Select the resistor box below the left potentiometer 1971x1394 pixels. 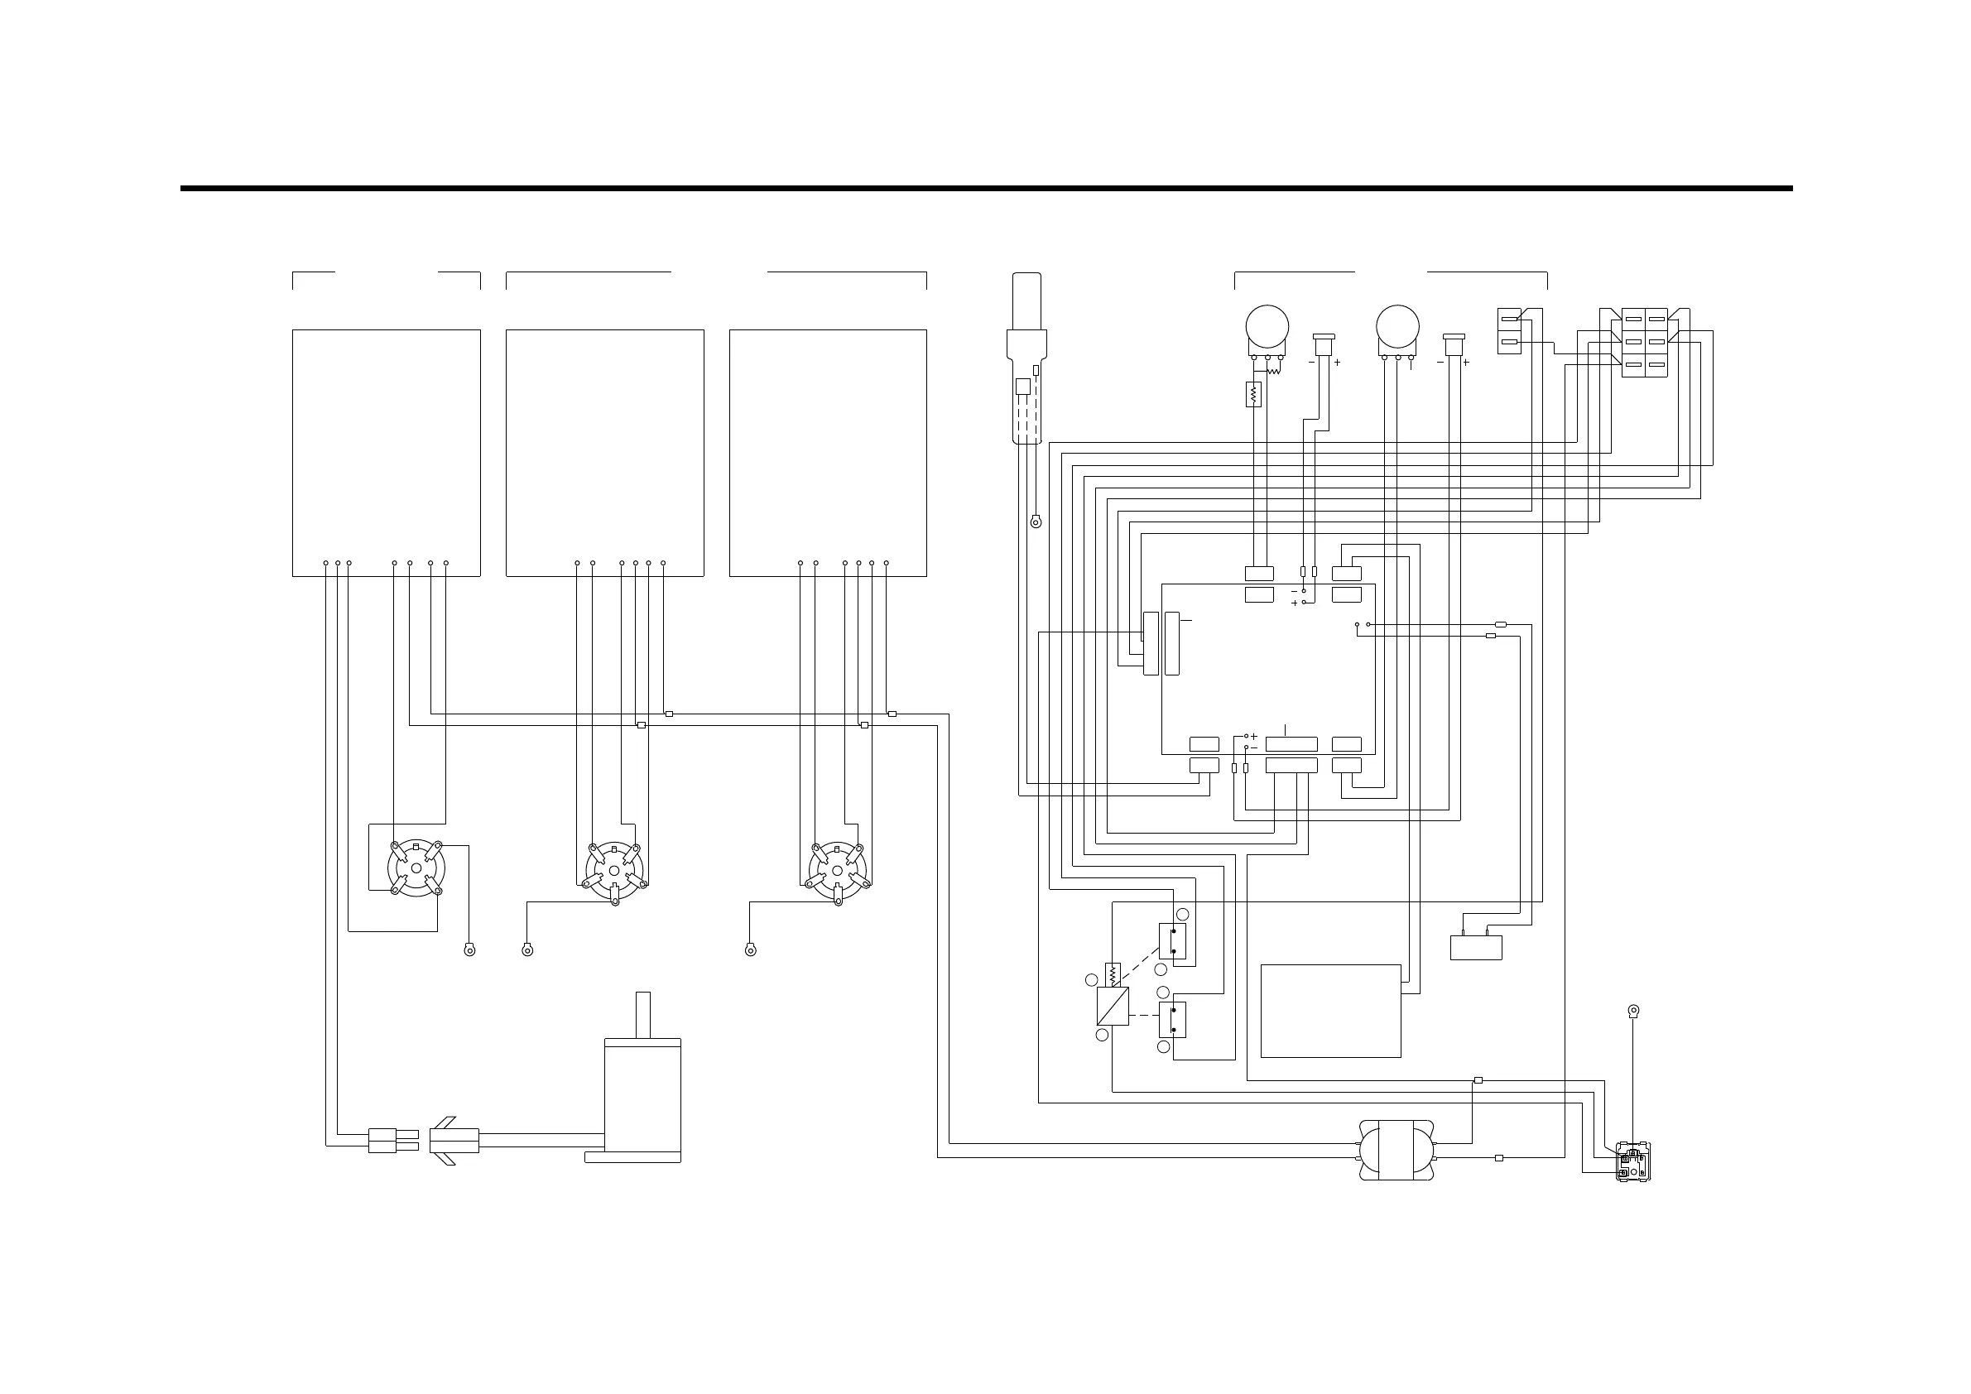1253,394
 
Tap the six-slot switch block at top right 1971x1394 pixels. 1645,343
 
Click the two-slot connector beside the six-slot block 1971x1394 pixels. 1509,330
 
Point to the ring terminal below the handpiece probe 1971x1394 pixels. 1036,522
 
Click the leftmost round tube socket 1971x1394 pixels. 416,868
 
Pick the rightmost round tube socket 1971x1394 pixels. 838,870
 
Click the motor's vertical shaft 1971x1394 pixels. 642,1015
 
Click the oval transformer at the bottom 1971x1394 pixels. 1397,1151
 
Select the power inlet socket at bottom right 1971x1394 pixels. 1632,1162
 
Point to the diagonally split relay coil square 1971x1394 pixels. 1113,1006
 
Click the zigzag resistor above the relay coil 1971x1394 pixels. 1114,973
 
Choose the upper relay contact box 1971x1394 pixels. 1173,940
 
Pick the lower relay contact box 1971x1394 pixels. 1173,1020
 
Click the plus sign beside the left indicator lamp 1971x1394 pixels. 1338,363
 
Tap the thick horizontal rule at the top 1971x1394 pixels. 985,188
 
